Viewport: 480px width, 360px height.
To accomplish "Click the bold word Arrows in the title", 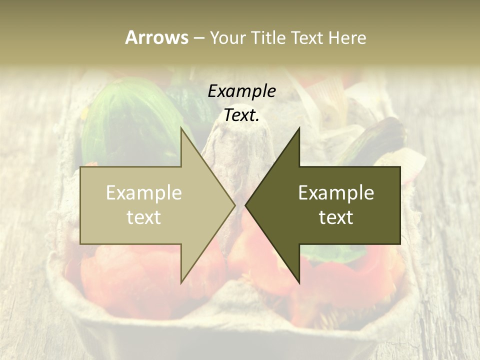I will click(156, 37).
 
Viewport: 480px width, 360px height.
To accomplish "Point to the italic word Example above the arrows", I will click(241, 91).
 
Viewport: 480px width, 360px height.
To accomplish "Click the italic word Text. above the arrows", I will click(241, 115).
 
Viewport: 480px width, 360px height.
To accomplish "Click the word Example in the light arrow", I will click(144, 193).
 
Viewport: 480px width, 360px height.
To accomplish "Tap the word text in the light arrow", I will click(144, 217).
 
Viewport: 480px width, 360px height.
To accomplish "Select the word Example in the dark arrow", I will click(336, 193).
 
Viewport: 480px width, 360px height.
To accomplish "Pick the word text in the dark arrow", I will click(336, 217).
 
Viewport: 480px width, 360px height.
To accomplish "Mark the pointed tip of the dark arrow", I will click(246, 205).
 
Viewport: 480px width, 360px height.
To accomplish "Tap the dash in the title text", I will click(198, 38).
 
